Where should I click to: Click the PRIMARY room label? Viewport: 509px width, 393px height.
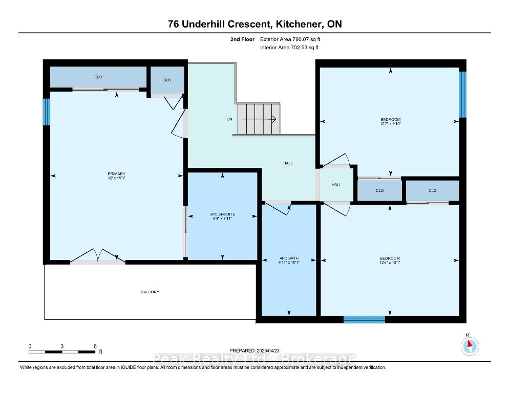coord(116,174)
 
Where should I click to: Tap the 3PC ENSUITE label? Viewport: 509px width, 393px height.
coord(222,214)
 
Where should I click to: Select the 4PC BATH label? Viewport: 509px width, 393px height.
coord(289,258)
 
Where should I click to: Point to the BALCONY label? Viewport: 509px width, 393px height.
coord(150,292)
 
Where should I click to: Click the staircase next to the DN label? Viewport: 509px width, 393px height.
coord(259,119)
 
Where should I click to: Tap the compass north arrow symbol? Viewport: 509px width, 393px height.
coord(470,346)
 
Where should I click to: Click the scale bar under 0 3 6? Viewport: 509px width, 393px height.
coord(62,352)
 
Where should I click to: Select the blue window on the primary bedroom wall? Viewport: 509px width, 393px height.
coord(47,112)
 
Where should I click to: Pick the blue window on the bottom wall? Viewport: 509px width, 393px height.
coord(364,319)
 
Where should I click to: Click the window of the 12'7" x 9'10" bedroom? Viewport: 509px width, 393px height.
coord(462,95)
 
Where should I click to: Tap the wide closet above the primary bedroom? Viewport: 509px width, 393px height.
coord(98,77)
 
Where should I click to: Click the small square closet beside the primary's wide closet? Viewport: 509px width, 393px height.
coord(167,80)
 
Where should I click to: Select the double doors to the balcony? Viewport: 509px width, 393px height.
coord(98,256)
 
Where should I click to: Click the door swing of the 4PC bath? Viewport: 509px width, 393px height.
coord(278,208)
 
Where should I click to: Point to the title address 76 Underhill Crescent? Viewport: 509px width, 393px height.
coord(220,24)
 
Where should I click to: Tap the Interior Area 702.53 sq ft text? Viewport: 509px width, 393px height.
coord(289,48)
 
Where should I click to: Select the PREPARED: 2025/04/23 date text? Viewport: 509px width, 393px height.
coord(254,351)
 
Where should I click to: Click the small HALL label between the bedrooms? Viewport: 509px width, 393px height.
coord(336,185)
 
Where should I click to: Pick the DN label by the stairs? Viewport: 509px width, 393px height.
coord(229,119)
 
